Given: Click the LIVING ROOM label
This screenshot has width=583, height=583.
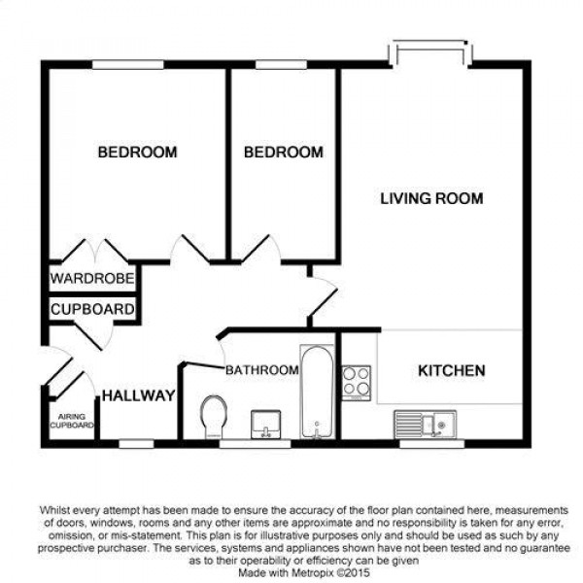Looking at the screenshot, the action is click(x=431, y=198).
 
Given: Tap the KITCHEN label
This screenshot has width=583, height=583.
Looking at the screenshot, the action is click(x=452, y=371).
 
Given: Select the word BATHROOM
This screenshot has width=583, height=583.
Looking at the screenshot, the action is click(x=262, y=370).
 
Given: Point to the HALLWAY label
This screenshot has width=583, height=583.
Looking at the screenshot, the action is click(x=138, y=395).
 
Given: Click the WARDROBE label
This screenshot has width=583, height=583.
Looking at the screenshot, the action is click(x=92, y=278).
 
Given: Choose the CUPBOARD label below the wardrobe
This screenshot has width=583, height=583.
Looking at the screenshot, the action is click(x=92, y=309).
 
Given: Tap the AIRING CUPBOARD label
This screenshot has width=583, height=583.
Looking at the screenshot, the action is click(x=72, y=421).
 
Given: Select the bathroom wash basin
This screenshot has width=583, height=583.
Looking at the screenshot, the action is click(x=266, y=425).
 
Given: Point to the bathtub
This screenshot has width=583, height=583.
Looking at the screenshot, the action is click(x=317, y=392).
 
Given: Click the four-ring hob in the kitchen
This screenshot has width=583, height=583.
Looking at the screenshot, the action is click(x=357, y=383).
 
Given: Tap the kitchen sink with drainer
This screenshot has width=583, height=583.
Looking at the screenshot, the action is click(x=426, y=424).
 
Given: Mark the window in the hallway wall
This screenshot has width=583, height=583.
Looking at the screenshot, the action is click(x=136, y=444).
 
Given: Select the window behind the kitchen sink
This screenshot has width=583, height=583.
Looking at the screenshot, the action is click(x=432, y=444).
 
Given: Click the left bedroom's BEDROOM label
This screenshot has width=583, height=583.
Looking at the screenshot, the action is click(x=137, y=153).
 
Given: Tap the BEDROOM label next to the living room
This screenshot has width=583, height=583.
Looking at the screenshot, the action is click(x=284, y=153).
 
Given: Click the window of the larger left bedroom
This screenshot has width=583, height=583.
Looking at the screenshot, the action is click(x=128, y=64).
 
